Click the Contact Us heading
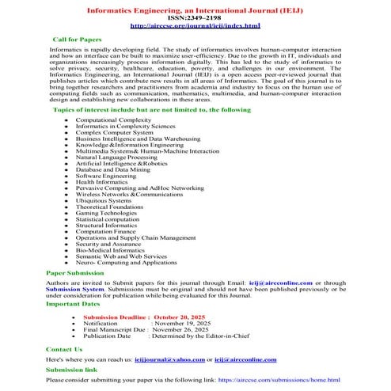[x=65, y=349]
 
